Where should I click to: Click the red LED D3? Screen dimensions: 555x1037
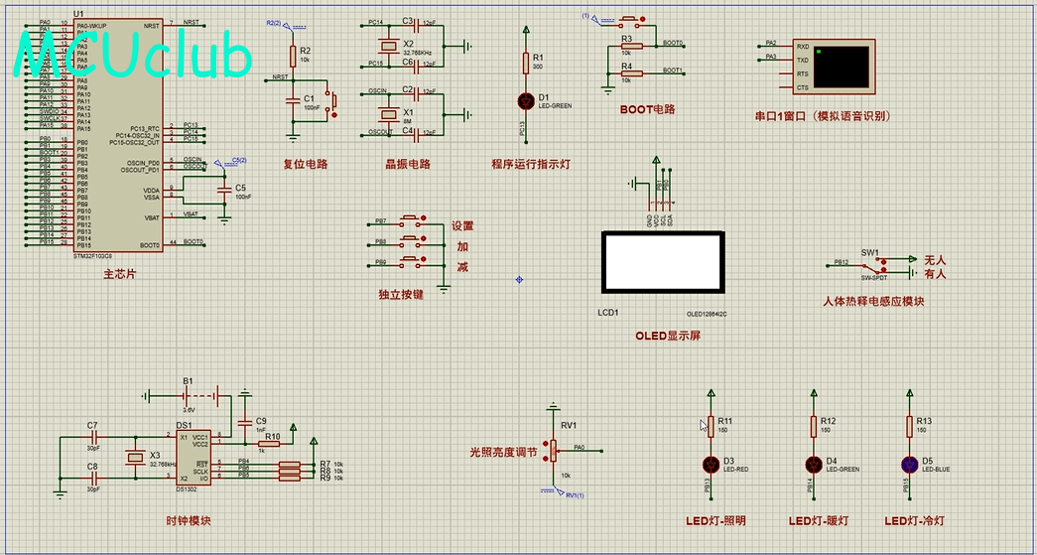point(710,464)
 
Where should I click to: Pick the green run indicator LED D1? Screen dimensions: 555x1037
point(526,99)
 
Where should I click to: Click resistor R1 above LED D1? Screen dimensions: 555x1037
point(526,63)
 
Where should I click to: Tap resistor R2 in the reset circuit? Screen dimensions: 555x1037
point(292,56)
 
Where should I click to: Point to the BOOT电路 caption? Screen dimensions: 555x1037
point(647,109)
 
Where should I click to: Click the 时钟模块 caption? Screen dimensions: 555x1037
point(188,520)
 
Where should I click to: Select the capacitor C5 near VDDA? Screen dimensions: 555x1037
point(226,189)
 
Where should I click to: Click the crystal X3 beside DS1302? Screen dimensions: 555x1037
point(136,457)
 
